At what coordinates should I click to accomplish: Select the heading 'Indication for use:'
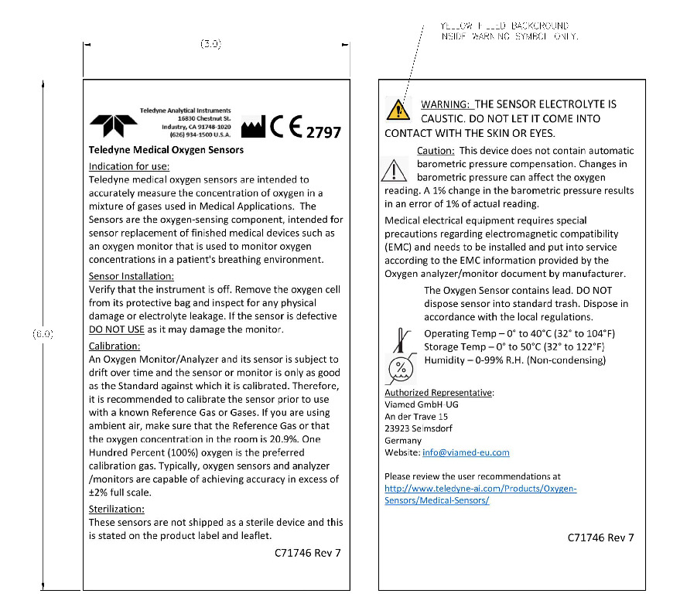129,166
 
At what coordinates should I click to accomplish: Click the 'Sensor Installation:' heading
132,276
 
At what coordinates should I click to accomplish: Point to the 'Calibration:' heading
114,346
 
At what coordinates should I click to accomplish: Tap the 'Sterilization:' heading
117,510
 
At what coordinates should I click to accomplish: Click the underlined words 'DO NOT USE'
117,329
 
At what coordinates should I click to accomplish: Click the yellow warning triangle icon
398,109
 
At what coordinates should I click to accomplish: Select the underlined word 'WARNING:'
445,104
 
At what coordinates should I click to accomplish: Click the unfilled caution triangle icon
394,169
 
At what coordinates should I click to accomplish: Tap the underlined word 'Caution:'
436,151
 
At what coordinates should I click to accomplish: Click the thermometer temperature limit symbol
400,339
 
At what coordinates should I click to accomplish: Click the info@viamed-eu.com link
466,452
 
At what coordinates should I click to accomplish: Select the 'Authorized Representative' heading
439,393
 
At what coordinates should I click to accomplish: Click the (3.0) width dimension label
211,44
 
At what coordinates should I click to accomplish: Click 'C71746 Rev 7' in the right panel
600,537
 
